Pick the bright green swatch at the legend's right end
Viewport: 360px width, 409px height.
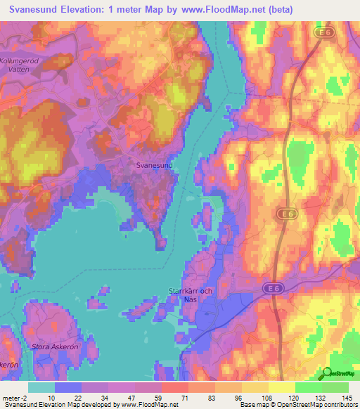tap(335, 387)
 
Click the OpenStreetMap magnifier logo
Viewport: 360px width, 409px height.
tap(328, 374)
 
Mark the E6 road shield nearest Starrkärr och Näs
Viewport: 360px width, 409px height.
tap(272, 288)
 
